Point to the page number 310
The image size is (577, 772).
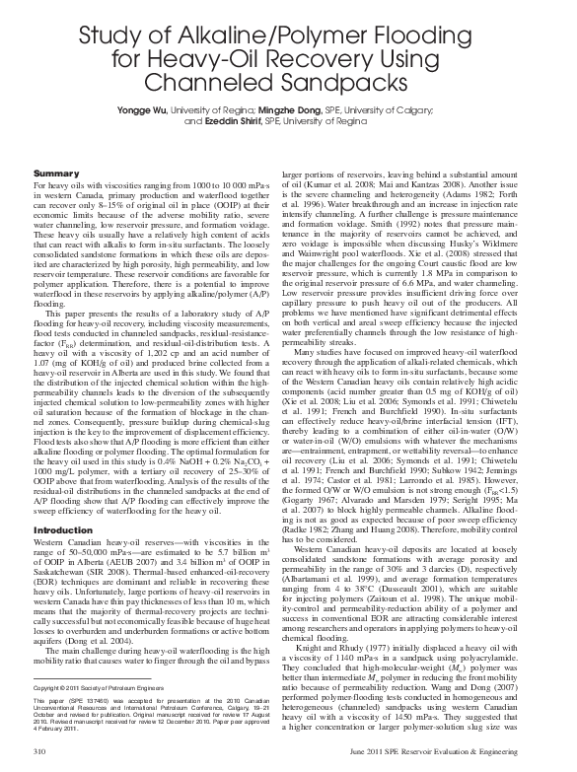[40, 751]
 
